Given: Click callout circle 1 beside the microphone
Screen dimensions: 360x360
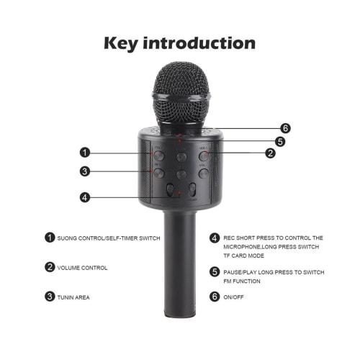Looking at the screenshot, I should (86, 152).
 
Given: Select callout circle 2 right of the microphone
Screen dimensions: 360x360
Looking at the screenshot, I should (270, 153).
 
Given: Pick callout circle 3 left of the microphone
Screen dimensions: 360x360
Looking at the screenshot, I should (86, 171).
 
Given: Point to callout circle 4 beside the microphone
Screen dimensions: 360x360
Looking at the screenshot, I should (86, 197).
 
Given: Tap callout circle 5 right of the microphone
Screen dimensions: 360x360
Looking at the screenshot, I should (279, 141).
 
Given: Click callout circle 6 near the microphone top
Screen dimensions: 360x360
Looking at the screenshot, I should (285, 128).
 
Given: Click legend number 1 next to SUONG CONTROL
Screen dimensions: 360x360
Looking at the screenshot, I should (50, 237).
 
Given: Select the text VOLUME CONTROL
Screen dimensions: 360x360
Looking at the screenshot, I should (82, 268).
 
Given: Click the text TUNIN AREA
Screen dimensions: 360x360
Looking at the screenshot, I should (74, 297).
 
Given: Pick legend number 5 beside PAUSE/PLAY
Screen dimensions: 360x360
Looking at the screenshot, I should (215, 271).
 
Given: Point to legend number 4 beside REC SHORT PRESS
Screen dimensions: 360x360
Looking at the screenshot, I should (215, 237).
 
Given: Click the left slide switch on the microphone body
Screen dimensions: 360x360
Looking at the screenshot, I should (171, 190).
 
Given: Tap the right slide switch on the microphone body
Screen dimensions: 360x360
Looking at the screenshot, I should (194, 190).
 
